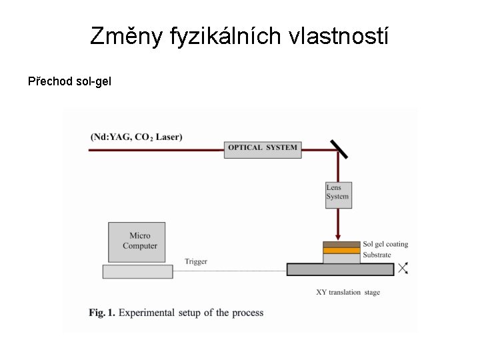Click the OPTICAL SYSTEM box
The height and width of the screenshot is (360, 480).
[x=262, y=149]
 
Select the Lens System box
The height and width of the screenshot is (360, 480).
[x=338, y=195]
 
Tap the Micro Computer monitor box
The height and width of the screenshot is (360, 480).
[x=137, y=241]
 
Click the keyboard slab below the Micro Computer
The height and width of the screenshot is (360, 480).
[x=137, y=271]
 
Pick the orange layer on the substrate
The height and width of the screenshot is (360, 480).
[x=341, y=251]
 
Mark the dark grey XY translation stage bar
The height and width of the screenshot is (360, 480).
[x=340, y=269]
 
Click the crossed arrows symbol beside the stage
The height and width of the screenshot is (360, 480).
[x=403, y=268]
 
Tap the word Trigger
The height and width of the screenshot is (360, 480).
[x=196, y=261]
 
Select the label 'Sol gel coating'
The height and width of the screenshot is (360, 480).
[x=385, y=244]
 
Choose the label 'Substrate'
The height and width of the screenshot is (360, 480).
[x=377, y=255]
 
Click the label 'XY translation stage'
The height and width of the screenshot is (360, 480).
[x=348, y=292]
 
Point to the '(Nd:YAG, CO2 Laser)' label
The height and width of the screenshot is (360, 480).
[x=137, y=137]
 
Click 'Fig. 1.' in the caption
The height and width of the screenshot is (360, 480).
[x=102, y=312]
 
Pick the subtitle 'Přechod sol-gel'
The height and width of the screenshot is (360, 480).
[x=69, y=82]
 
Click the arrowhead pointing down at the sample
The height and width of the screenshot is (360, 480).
[x=338, y=236]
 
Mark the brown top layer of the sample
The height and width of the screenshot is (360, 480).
[x=341, y=245]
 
